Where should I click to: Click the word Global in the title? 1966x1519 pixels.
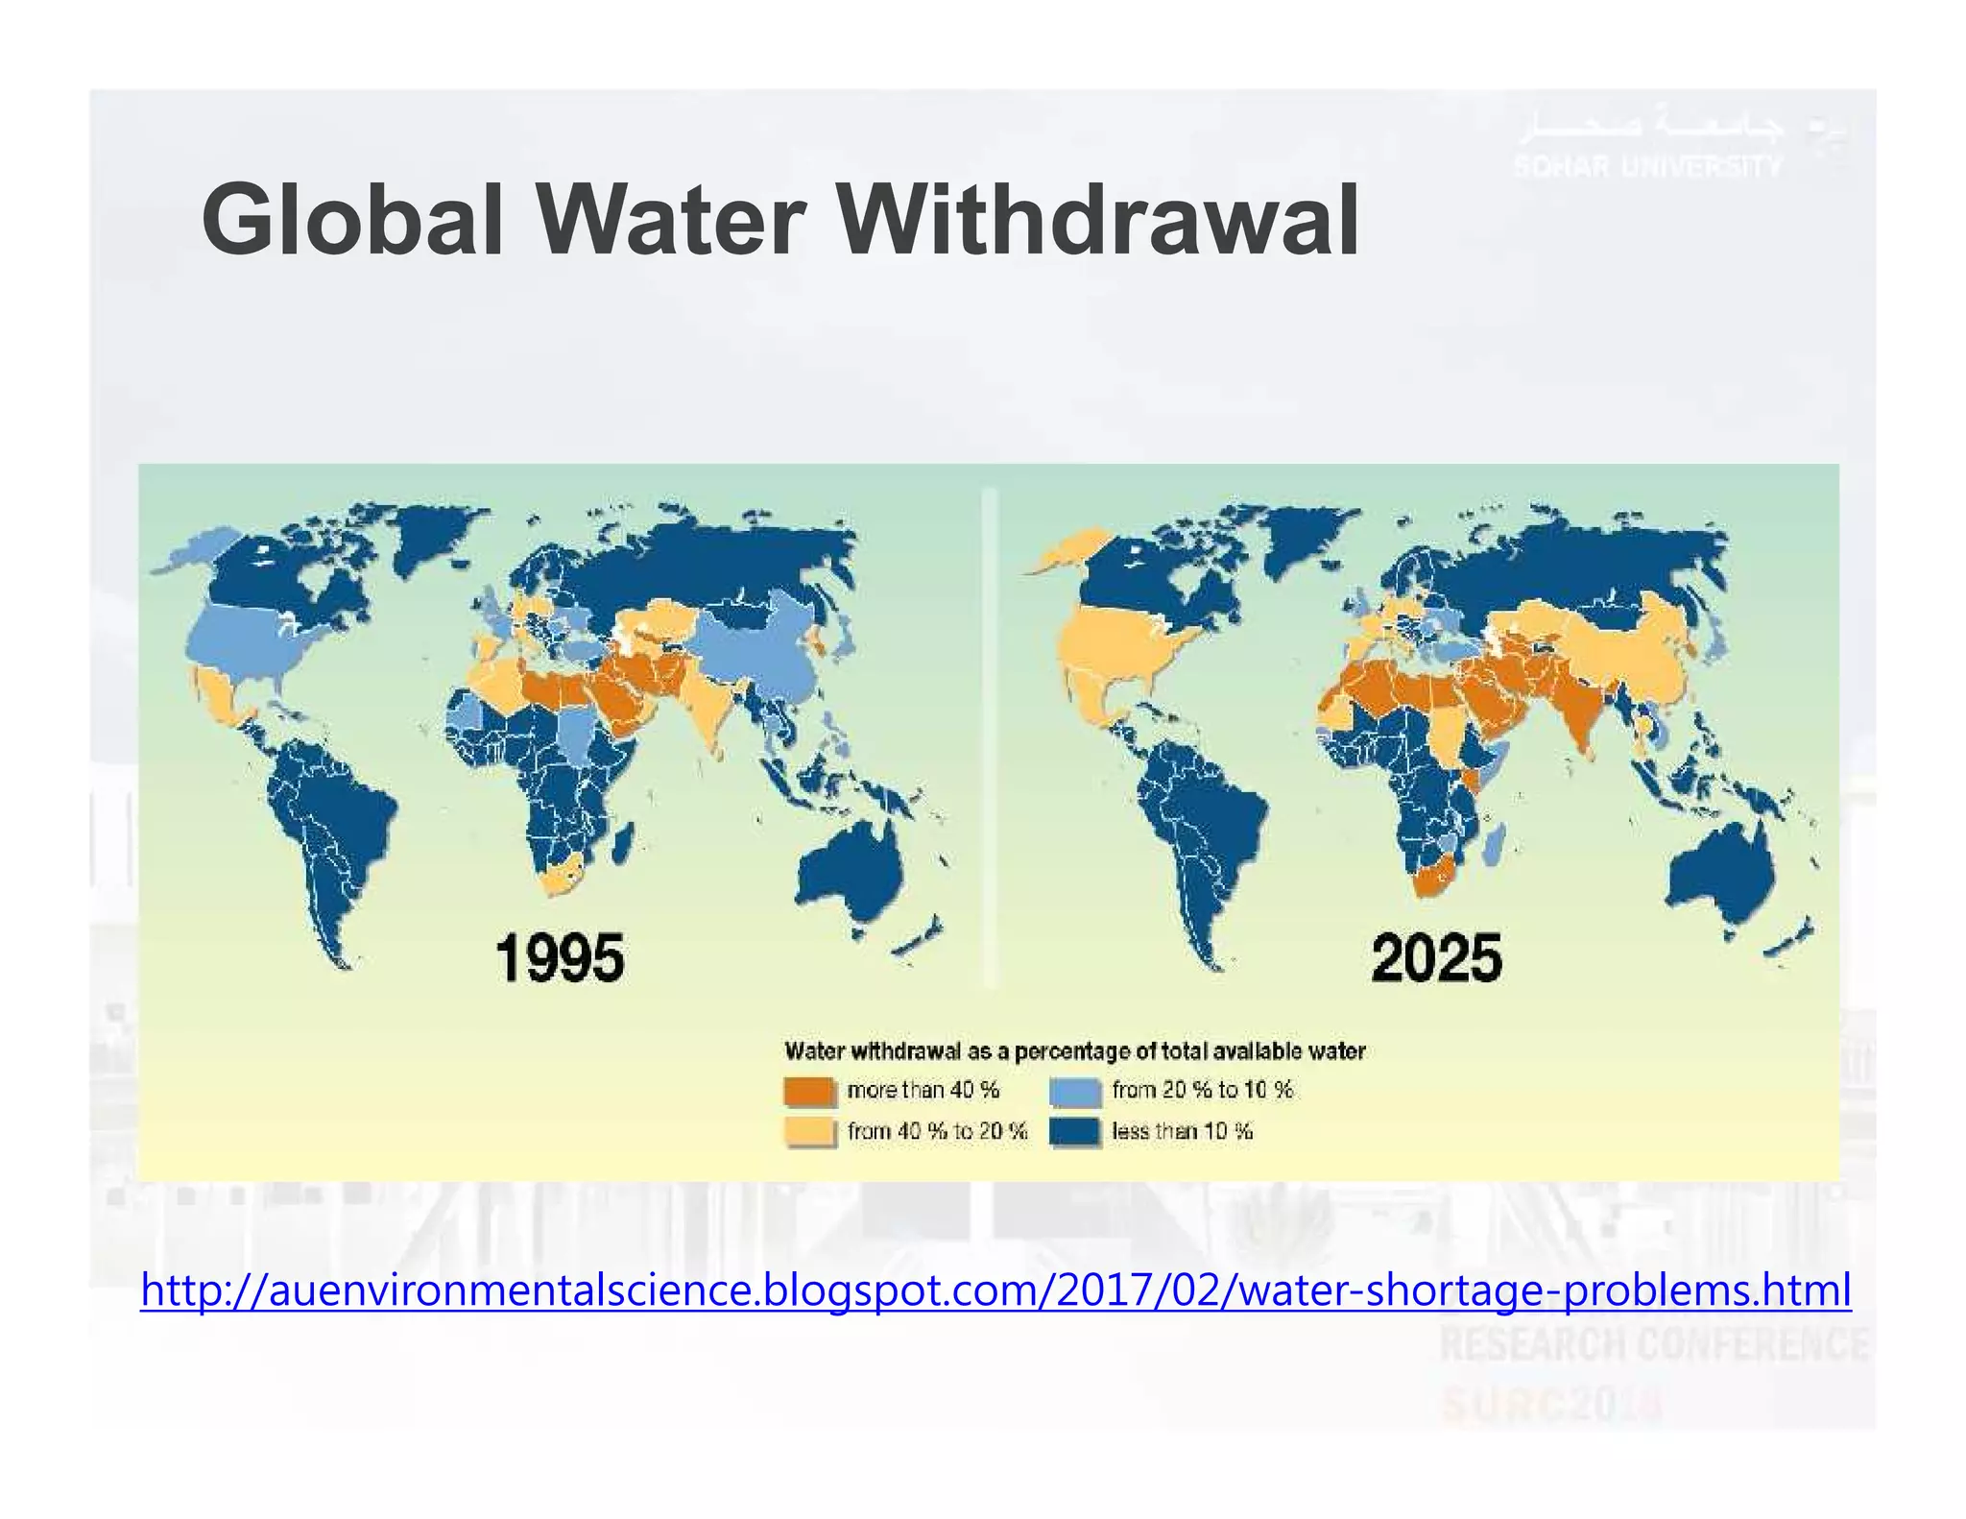351,221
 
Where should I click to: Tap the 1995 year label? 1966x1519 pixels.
560,958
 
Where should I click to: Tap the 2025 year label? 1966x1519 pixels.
1436,958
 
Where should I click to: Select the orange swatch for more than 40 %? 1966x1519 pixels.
810,1091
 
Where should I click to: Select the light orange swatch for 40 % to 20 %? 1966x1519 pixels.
810,1131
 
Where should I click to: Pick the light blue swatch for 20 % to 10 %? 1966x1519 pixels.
1074,1091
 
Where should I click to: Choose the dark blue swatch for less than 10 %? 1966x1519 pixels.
1074,1131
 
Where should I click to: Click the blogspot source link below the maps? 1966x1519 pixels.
995,1290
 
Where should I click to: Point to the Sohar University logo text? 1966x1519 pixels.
1647,166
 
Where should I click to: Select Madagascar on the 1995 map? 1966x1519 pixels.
621,844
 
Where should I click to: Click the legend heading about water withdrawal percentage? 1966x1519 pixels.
1074,1050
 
